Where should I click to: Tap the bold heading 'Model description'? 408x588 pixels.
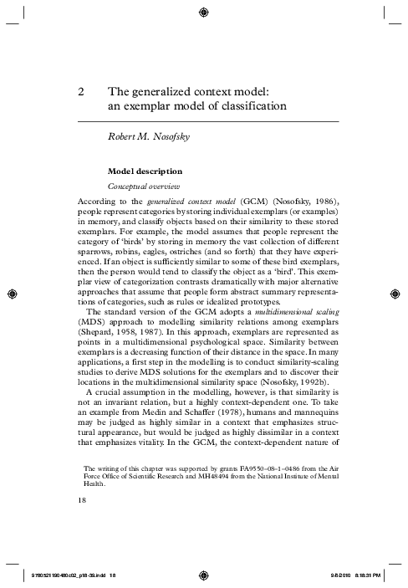tap(145, 171)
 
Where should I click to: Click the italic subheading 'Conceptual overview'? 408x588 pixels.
tap(142, 186)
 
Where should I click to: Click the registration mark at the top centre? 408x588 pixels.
tap(204, 12)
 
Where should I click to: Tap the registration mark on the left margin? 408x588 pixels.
tap(11, 294)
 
